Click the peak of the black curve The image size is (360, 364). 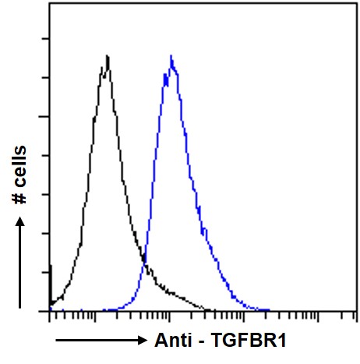tap(107, 56)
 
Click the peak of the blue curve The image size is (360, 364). tap(171, 56)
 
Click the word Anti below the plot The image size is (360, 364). tap(171, 341)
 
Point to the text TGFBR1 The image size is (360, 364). tap(242, 341)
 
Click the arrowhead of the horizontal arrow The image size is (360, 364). tap(141, 341)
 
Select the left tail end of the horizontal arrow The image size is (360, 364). tap(56, 341)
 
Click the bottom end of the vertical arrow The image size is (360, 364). tap(21, 306)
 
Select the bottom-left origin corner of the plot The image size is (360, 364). tap(50, 311)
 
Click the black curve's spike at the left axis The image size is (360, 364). tap(51, 267)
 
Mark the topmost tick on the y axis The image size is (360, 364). tap(50, 38)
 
